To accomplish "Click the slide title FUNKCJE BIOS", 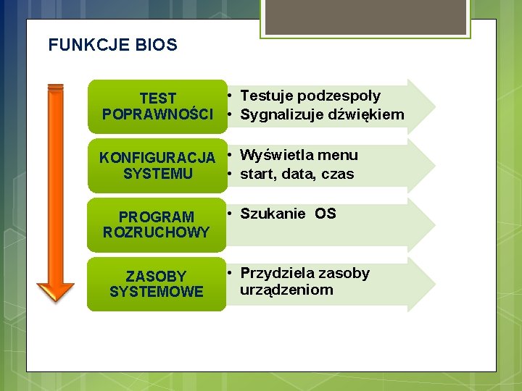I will click(x=112, y=45).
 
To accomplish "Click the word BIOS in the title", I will click(x=156, y=45).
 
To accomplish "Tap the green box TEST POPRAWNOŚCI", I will click(x=157, y=106).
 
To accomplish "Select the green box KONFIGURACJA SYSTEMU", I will click(x=157, y=166).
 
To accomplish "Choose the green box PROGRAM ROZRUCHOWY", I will click(x=157, y=224).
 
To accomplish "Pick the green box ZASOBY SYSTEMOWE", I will click(x=157, y=284).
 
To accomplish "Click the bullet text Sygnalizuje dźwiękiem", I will click(x=322, y=114).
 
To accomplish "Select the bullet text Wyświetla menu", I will click(x=299, y=155).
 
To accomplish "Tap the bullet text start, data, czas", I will click(x=297, y=174).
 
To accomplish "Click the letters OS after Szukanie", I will click(x=326, y=214).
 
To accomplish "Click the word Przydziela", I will click(x=275, y=273).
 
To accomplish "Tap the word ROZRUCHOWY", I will click(x=157, y=232).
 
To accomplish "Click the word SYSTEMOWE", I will click(x=157, y=292).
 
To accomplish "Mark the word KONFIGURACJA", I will click(x=157, y=158).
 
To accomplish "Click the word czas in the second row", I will click(x=339, y=174).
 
